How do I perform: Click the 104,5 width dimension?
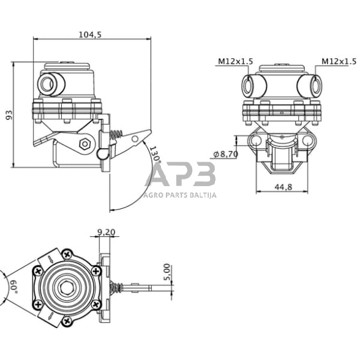click(90, 35)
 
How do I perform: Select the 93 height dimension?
click(9, 115)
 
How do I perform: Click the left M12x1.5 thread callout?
click(234, 61)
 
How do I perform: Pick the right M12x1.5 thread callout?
click(339, 61)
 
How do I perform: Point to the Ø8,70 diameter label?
click(225, 154)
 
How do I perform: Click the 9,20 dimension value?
click(106, 232)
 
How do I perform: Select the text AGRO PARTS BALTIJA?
click(180, 196)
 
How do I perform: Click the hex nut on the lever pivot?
click(86, 144)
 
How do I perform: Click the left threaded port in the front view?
click(249, 85)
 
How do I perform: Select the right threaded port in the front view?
click(314, 85)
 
